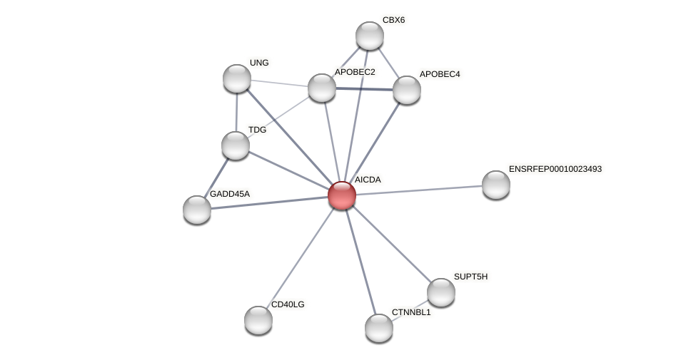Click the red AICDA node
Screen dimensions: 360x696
(x=342, y=195)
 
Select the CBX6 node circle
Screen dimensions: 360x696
(x=370, y=36)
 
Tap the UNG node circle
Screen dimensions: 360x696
(x=237, y=78)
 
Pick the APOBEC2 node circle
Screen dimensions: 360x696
(x=322, y=88)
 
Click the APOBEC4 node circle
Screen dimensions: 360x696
(x=407, y=90)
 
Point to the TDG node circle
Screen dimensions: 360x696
(x=236, y=145)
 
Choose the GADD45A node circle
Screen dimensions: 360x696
(x=197, y=210)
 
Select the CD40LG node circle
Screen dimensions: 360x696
(x=258, y=320)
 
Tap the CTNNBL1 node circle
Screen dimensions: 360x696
(x=379, y=328)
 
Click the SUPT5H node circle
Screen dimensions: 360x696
(x=441, y=292)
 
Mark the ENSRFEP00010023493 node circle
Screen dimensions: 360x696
(x=496, y=185)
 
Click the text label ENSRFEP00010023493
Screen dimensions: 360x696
(x=555, y=169)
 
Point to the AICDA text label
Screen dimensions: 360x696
(x=368, y=180)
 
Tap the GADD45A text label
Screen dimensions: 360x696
(x=229, y=194)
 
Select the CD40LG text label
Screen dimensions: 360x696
(x=288, y=304)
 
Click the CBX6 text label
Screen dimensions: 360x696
(x=393, y=20)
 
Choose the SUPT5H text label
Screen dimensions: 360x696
(x=470, y=277)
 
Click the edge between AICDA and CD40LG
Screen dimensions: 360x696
(x=300, y=257)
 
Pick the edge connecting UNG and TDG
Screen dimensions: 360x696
(x=236, y=112)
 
